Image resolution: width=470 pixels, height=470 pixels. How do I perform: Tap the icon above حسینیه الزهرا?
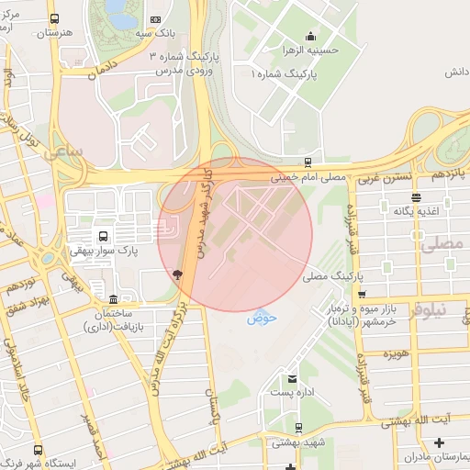click(309, 36)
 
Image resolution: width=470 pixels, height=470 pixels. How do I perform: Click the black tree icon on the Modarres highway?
click(177, 273)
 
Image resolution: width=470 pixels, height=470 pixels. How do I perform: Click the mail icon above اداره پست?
click(292, 378)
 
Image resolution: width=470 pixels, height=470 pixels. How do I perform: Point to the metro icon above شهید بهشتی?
click(298, 428)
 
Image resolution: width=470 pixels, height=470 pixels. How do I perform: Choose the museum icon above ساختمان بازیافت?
click(113, 299)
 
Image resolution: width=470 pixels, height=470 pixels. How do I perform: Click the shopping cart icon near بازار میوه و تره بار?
click(363, 295)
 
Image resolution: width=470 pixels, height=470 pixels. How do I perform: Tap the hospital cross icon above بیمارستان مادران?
click(451, 443)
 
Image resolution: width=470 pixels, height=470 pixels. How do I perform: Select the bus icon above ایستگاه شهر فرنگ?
click(38, 450)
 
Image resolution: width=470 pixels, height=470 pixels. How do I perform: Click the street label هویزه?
click(396, 353)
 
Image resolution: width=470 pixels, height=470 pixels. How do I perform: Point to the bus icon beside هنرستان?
click(55, 19)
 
